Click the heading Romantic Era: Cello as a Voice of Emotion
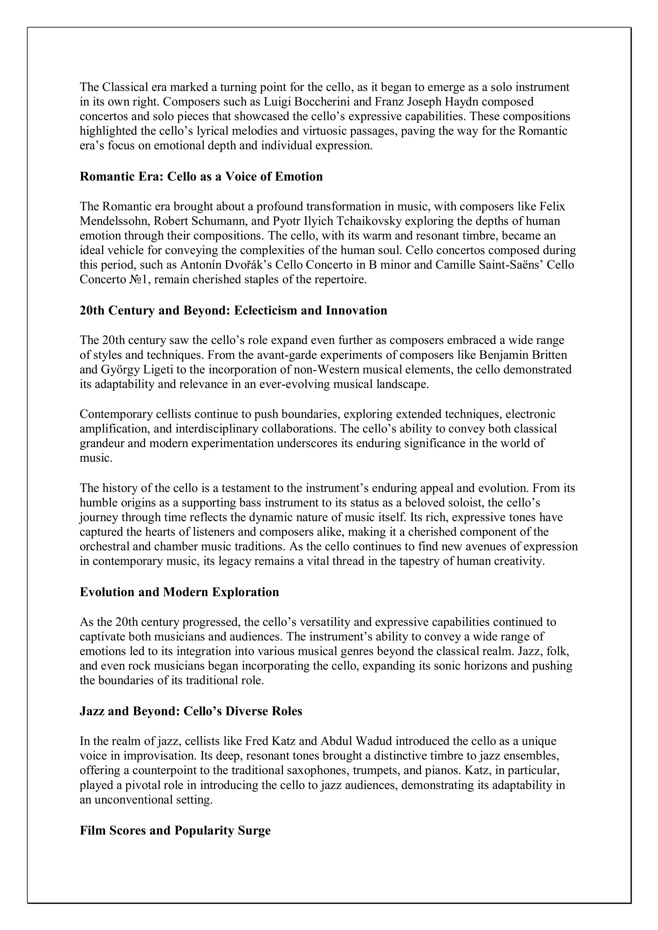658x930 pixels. (x=201, y=177)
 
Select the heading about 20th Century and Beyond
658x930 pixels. (x=233, y=311)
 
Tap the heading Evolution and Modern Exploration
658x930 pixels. (x=179, y=592)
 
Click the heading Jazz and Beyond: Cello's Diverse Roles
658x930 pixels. (x=191, y=711)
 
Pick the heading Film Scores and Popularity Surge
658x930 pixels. (x=175, y=831)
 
